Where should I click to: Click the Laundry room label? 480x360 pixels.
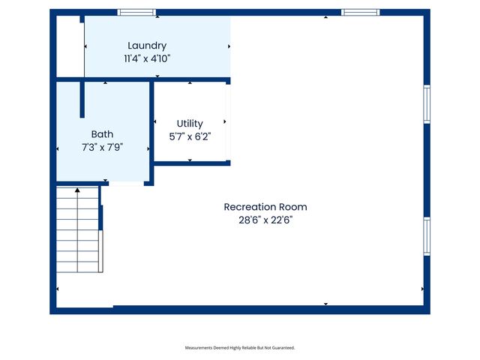[x=147, y=46]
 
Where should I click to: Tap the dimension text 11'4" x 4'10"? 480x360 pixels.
[x=147, y=58]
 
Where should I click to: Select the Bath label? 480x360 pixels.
[x=102, y=135]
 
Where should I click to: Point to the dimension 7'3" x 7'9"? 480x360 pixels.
[x=102, y=147]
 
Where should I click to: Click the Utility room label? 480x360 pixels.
[x=190, y=123]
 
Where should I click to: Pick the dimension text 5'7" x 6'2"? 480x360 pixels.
[x=190, y=136]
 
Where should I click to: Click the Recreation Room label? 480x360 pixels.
[x=265, y=207]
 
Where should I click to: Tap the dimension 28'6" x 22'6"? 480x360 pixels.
[x=265, y=220]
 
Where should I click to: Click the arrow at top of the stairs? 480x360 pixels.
[x=77, y=190]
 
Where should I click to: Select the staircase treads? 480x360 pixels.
[x=78, y=232]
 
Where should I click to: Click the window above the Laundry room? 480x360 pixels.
[x=136, y=12]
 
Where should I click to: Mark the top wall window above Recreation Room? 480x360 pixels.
[x=360, y=12]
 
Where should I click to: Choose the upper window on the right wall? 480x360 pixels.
[x=427, y=103]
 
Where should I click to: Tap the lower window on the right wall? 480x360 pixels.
[x=427, y=236]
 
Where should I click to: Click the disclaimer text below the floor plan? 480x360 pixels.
[x=240, y=348]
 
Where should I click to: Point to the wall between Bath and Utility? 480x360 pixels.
[x=151, y=131]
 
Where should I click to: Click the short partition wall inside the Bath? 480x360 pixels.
[x=82, y=100]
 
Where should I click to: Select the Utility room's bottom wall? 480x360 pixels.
[x=191, y=163]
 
